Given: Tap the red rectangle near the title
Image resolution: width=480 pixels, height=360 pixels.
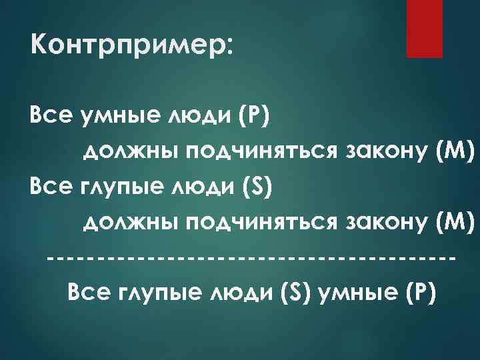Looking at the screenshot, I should (425, 29).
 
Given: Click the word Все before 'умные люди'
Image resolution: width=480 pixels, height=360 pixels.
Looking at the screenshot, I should (49, 119).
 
